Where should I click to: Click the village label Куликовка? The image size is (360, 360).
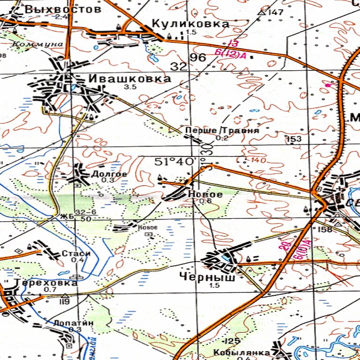(x=190, y=23)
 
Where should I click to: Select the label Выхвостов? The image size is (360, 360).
(x=63, y=9)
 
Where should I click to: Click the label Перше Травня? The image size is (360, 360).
(x=222, y=130)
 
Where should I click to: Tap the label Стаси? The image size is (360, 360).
(x=73, y=254)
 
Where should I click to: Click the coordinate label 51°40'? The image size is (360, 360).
(x=175, y=161)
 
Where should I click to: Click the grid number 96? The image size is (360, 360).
(x=198, y=58)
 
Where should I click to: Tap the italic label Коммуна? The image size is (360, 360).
(x=38, y=44)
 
